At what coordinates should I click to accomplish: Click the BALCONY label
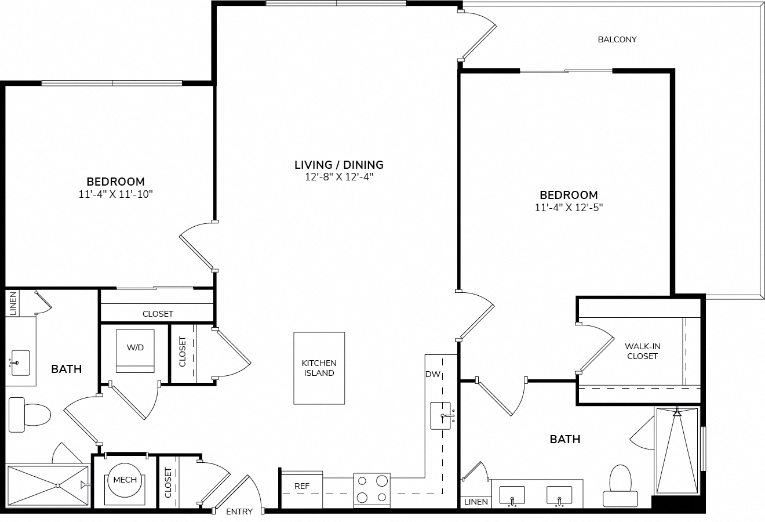click(x=617, y=39)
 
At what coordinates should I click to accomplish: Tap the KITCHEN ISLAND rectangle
click(x=319, y=368)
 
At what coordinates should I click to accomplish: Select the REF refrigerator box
click(x=301, y=490)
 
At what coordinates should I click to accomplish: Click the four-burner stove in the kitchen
click(x=372, y=490)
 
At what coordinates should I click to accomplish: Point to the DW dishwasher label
click(x=433, y=374)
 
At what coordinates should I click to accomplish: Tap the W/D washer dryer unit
click(x=135, y=351)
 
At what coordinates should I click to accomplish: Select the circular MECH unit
click(x=125, y=480)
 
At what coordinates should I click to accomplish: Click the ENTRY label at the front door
click(x=239, y=512)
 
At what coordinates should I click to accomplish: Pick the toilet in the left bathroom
click(x=30, y=415)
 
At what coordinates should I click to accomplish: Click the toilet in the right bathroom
click(x=620, y=485)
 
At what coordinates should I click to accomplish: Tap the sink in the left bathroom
click(x=20, y=362)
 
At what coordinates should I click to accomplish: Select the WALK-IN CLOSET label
click(x=642, y=351)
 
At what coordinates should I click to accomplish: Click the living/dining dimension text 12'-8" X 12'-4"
click(x=339, y=177)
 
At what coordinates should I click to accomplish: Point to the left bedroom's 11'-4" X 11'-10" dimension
click(x=115, y=194)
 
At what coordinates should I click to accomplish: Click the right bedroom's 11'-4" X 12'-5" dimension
click(x=569, y=208)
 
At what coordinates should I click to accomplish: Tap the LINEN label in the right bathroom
click(x=476, y=502)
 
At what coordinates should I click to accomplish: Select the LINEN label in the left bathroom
click(x=13, y=303)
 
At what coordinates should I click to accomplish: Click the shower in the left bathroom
click(x=48, y=485)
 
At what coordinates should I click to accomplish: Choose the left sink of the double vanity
click(x=512, y=495)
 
